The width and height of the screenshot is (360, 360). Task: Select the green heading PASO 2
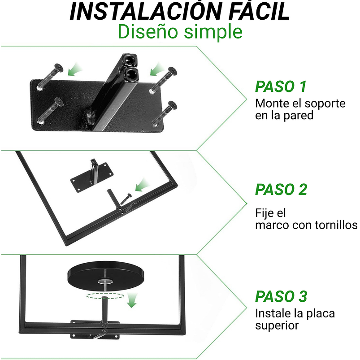[281, 190]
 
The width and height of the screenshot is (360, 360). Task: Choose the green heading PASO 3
[281, 296]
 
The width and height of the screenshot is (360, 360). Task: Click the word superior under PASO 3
[277, 325]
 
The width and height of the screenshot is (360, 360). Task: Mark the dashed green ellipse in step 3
[105, 296]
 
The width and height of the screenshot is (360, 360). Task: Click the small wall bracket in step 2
[92, 176]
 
